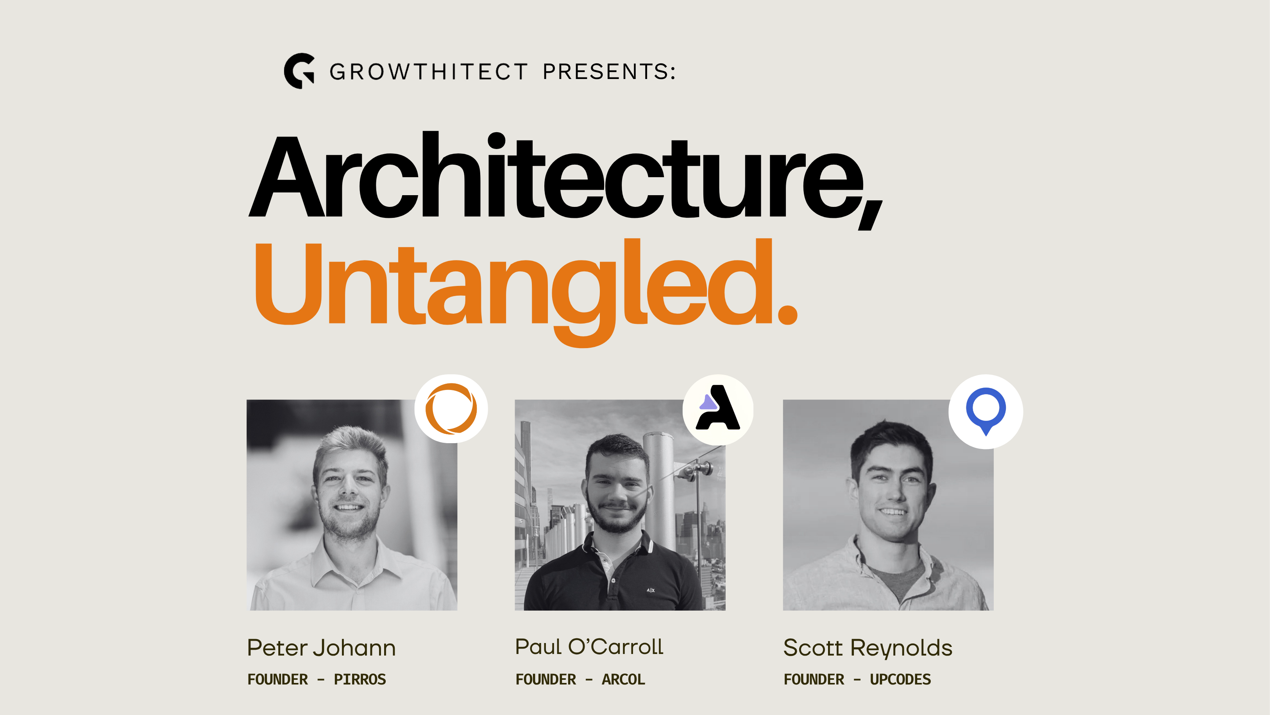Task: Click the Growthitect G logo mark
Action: click(299, 71)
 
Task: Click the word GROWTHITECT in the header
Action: click(428, 72)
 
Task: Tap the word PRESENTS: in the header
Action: click(609, 72)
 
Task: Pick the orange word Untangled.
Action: click(526, 291)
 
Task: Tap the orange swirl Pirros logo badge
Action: click(451, 409)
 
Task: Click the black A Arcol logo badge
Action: click(718, 409)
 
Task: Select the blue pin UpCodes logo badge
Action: click(986, 411)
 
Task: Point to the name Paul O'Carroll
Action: click(589, 647)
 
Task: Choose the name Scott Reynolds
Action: click(868, 648)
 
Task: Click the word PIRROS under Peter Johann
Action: click(360, 679)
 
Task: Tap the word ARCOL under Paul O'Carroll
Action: click(623, 679)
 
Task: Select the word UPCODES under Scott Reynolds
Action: click(900, 679)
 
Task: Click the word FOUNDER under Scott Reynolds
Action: click(814, 679)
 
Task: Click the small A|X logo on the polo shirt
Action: click(651, 590)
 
